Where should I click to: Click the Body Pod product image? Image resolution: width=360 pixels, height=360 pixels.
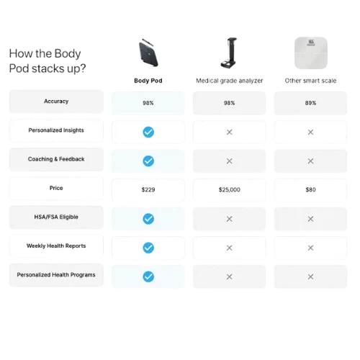click(148, 53)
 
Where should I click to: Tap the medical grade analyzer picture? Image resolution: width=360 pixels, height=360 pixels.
click(229, 53)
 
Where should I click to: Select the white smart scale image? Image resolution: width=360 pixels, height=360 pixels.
click(311, 53)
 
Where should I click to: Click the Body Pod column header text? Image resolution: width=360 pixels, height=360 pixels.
click(148, 81)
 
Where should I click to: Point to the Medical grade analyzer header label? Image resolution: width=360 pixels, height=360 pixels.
click(230, 81)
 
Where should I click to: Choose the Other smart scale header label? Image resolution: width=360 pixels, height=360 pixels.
click(310, 81)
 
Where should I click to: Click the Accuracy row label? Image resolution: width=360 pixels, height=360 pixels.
click(56, 102)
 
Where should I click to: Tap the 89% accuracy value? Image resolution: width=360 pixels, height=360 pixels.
click(310, 103)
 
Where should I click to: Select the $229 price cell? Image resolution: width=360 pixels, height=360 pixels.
click(148, 190)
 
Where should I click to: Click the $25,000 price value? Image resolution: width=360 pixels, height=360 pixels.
click(230, 190)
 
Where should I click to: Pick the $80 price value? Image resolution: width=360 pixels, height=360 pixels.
click(310, 190)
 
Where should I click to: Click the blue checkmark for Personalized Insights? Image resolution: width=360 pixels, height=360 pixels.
click(148, 132)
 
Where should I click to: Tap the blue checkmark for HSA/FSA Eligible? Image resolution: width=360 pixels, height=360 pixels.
click(148, 219)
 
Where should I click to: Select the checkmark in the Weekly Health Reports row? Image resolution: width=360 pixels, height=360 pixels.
click(148, 248)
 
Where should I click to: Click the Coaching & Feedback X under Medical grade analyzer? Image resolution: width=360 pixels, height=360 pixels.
click(230, 161)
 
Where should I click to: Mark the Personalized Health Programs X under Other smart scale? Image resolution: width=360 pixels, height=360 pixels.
click(310, 276)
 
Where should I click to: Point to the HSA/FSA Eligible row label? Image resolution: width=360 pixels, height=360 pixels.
click(56, 217)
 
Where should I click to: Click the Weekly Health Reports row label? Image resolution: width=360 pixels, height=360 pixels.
click(56, 246)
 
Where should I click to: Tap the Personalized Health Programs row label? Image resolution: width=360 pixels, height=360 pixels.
click(56, 275)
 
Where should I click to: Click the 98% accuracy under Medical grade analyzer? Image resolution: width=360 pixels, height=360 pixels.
click(230, 103)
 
